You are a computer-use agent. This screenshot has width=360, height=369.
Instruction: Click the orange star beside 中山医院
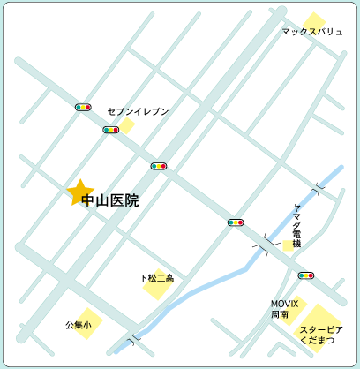pyautogui.click(x=80, y=192)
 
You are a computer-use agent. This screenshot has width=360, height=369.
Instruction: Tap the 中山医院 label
pyautogui.click(x=109, y=201)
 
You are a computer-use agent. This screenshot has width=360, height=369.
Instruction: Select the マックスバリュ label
pyautogui.click(x=312, y=32)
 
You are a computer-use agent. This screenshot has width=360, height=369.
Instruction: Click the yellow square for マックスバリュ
pyautogui.click(x=313, y=19)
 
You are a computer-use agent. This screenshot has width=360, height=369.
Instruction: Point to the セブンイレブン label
pyautogui.click(x=137, y=112)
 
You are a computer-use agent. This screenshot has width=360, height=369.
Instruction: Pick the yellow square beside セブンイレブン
pyautogui.click(x=127, y=125)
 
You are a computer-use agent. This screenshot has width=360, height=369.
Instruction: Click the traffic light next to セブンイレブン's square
pyautogui.click(x=110, y=130)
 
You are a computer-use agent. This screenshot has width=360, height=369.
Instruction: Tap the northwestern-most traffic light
pyautogui.click(x=84, y=106)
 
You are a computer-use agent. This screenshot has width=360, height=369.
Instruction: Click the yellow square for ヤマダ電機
pyautogui.click(x=289, y=244)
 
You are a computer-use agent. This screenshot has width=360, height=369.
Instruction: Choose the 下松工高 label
pyautogui.click(x=157, y=278)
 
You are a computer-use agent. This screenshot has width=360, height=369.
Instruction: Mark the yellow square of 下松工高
pyautogui.click(x=157, y=283)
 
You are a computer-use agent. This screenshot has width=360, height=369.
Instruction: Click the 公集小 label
pyautogui.click(x=78, y=324)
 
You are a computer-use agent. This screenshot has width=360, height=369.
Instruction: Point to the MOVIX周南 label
pyautogui.click(x=285, y=308)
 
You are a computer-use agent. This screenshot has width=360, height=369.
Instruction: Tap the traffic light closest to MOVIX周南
pyautogui.click(x=306, y=275)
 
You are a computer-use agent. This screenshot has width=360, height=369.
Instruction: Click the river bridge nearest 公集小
pyautogui.click(x=133, y=338)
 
